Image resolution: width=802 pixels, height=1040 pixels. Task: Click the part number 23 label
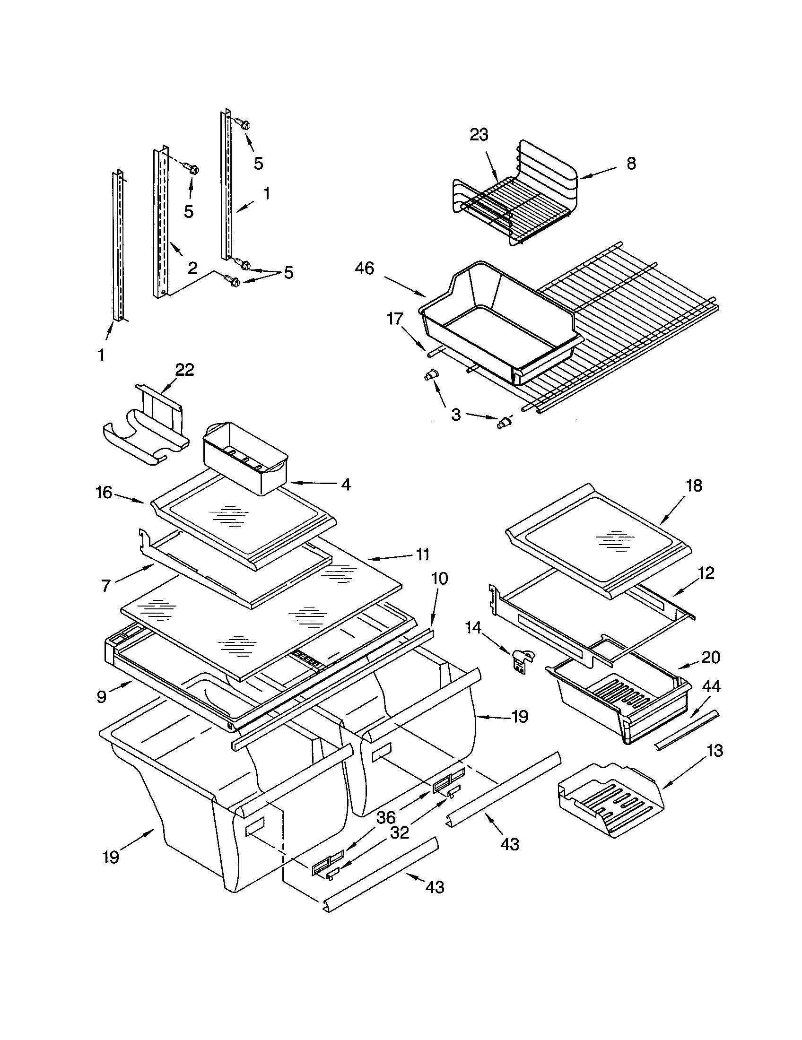click(479, 135)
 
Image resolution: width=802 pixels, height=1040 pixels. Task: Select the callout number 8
click(631, 164)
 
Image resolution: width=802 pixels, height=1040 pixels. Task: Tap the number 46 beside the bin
click(364, 269)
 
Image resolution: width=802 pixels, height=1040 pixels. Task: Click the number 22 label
click(185, 370)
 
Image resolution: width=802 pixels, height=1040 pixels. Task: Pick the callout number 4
click(346, 485)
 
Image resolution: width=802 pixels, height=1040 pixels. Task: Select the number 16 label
click(104, 493)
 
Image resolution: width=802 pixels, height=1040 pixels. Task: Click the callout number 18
click(694, 485)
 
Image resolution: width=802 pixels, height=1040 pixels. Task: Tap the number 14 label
click(473, 628)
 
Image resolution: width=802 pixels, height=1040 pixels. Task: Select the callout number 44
click(711, 686)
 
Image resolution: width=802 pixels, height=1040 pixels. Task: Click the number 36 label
click(386, 817)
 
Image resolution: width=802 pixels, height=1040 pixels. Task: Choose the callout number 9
click(102, 697)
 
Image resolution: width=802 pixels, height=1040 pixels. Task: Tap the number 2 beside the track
click(192, 269)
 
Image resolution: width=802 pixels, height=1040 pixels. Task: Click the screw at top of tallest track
click(243, 124)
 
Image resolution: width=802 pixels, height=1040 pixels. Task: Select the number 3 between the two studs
click(456, 414)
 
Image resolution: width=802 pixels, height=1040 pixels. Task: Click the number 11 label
click(422, 554)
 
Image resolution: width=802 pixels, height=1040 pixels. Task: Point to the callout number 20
click(711, 658)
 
